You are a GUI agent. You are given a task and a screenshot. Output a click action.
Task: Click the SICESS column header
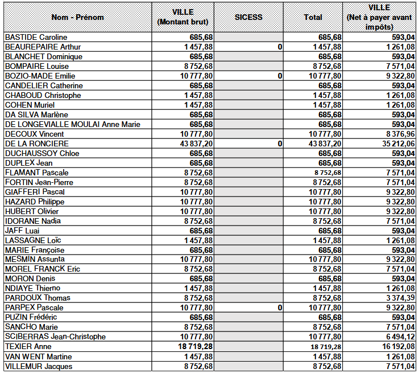point(248,17)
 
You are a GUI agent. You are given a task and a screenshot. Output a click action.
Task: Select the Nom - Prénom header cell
point(78,17)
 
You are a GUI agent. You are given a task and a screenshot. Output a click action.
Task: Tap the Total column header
point(313,17)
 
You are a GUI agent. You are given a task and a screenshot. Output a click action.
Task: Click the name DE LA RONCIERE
point(36,144)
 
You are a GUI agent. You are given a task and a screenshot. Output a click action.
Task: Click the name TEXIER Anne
point(28,346)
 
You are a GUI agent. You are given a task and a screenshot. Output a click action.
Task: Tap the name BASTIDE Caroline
point(36,38)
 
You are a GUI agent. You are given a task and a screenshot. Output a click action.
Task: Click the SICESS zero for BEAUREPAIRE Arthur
point(280,47)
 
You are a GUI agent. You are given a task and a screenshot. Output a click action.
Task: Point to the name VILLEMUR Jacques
point(39,366)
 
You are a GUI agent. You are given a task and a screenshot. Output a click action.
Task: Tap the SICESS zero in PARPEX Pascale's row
point(280,308)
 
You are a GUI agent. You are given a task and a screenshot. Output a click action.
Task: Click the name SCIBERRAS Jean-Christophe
point(55,337)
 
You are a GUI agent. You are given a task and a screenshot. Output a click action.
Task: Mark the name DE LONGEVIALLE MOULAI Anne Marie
point(72,124)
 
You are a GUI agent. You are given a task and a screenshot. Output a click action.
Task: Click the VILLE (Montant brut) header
point(183,17)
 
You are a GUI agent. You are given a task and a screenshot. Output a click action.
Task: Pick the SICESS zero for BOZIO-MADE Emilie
point(280,76)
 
